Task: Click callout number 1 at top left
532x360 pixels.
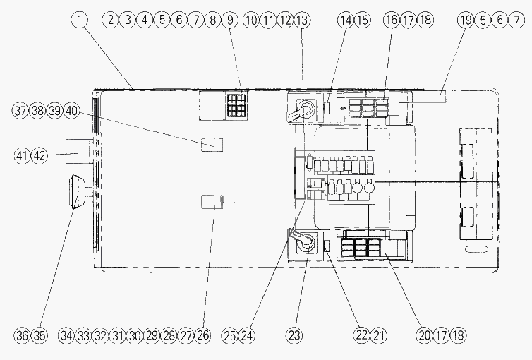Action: pos(80,20)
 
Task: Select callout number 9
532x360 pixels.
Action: pos(230,20)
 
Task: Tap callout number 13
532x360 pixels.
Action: pos(301,20)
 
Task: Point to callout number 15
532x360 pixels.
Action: pos(363,20)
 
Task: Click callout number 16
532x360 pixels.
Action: pos(392,20)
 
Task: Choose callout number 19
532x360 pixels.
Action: pos(466,20)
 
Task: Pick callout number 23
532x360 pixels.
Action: pos(294,335)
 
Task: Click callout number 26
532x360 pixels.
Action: pos(203,335)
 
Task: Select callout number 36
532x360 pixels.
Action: pos(23,335)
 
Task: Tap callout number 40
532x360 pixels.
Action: pos(71,111)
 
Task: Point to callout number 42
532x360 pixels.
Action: pos(40,156)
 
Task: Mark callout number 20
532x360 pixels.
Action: pos(424,335)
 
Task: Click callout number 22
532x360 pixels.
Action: pos(362,335)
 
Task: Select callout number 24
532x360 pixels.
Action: pos(247,335)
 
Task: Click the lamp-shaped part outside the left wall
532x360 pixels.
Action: pos(78,191)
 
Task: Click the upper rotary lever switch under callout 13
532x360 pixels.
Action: pos(302,110)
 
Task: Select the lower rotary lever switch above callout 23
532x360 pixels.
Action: pos(302,240)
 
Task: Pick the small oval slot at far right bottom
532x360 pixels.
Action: pos(476,249)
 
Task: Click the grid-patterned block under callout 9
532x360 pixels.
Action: pos(236,105)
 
